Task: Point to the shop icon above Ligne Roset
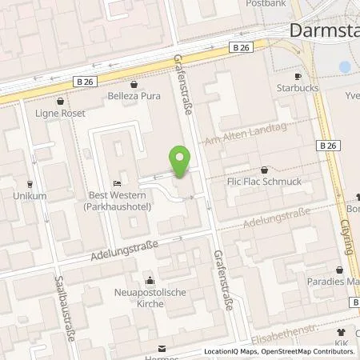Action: [x=62, y=102]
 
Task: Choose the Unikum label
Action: [x=29, y=195]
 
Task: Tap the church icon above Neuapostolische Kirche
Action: [x=150, y=280]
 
